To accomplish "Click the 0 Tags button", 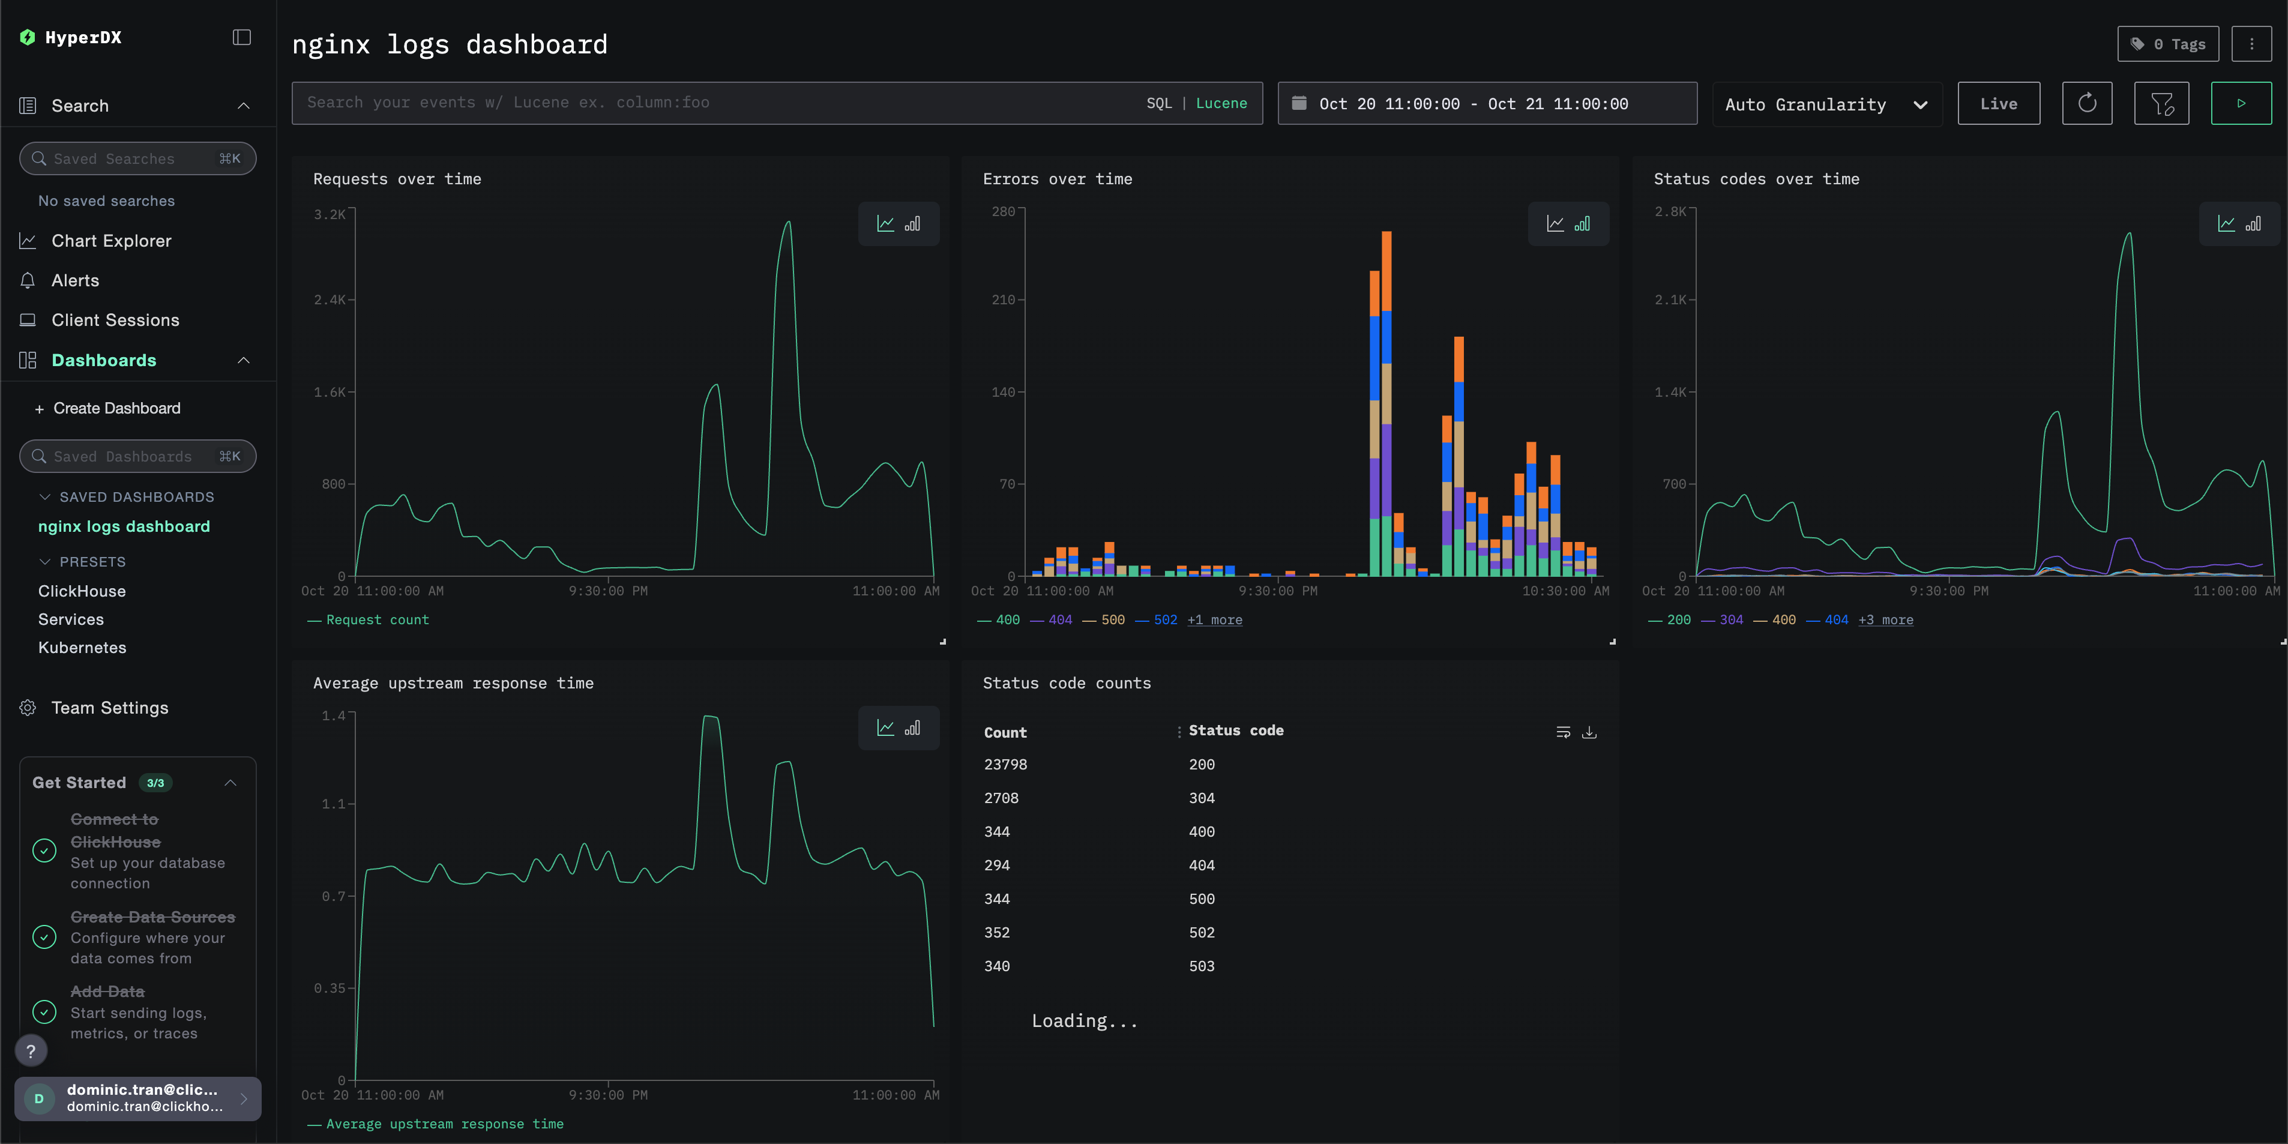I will coord(2167,44).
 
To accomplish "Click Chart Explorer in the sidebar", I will coord(111,241).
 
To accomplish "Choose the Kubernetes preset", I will coord(82,648).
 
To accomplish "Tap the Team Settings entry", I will coord(109,708).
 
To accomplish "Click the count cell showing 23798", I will coord(1005,765).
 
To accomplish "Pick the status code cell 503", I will coord(1201,966).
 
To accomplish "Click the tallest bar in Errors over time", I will coord(1386,400).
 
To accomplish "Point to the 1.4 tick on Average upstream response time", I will coord(333,716).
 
